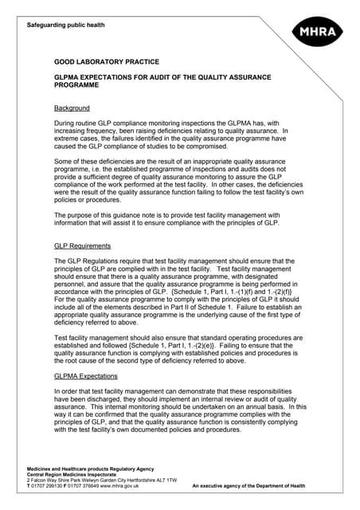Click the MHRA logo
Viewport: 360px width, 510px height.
(x=317, y=33)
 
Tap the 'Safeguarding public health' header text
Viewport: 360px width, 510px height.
(x=65, y=25)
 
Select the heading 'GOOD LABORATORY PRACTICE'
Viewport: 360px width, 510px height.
(x=106, y=61)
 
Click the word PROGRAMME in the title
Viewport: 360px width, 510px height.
(x=76, y=86)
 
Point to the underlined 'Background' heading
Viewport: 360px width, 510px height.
(x=72, y=108)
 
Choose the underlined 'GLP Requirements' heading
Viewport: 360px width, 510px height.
(x=82, y=246)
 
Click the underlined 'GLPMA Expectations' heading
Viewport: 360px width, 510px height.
(x=85, y=375)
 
